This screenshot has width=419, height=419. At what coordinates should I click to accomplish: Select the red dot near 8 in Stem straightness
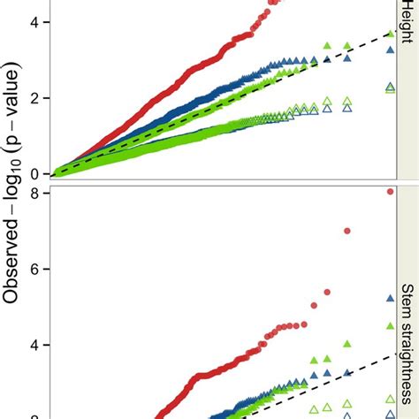pyautogui.click(x=390, y=191)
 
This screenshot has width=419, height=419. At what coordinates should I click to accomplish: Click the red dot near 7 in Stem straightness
pyautogui.click(x=347, y=231)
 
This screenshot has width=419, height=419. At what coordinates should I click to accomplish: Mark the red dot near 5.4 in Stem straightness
pyautogui.click(x=327, y=291)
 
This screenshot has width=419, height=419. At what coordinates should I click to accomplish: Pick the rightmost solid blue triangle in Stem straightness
pyautogui.click(x=390, y=299)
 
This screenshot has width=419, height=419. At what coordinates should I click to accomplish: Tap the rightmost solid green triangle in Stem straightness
pyautogui.click(x=390, y=325)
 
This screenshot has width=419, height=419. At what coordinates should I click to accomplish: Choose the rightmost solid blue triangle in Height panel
pyautogui.click(x=390, y=50)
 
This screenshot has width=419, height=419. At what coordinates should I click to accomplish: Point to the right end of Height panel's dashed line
pyautogui.click(x=393, y=32)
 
